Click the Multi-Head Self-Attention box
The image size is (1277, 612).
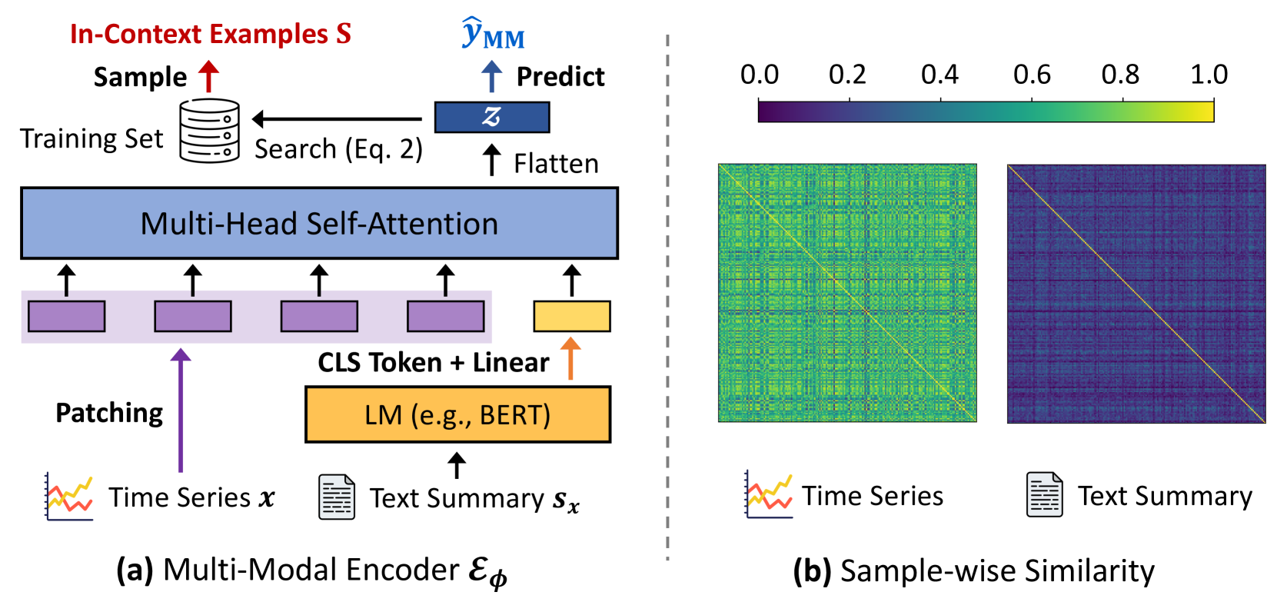[x=319, y=223]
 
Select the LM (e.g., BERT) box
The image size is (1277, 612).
[x=457, y=414]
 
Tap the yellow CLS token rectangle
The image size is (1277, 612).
[x=571, y=316]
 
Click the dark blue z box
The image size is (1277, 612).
[x=492, y=117]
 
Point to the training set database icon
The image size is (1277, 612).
[x=209, y=130]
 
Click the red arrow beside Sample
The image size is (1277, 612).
[x=208, y=76]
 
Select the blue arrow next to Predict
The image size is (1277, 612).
[x=491, y=76]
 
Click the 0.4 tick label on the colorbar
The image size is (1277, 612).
[x=939, y=75]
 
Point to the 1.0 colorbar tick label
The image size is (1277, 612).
[x=1209, y=75]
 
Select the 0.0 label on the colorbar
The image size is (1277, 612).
[x=759, y=75]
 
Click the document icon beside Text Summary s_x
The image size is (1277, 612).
[x=337, y=497]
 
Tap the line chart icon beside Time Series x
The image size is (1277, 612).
[x=69, y=497]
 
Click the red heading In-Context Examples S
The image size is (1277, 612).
[x=210, y=34]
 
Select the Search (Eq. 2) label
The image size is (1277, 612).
[x=338, y=148]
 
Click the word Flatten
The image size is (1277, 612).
[x=556, y=164]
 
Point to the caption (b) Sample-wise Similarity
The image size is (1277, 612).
[x=973, y=570]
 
